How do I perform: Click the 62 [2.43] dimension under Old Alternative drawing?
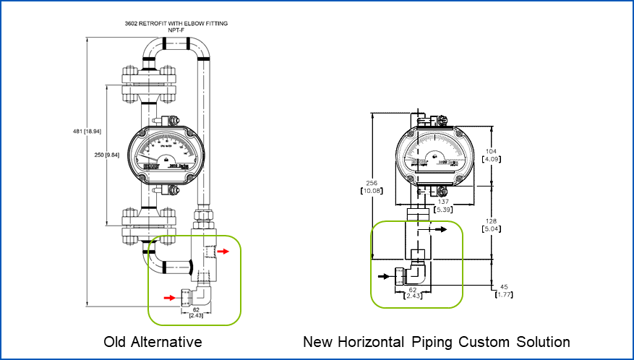pyautogui.click(x=196, y=312)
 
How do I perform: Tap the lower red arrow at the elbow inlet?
pyautogui.click(x=168, y=296)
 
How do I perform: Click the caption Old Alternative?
pyautogui.click(x=153, y=341)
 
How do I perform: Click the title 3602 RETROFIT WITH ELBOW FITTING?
pyautogui.click(x=176, y=24)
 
